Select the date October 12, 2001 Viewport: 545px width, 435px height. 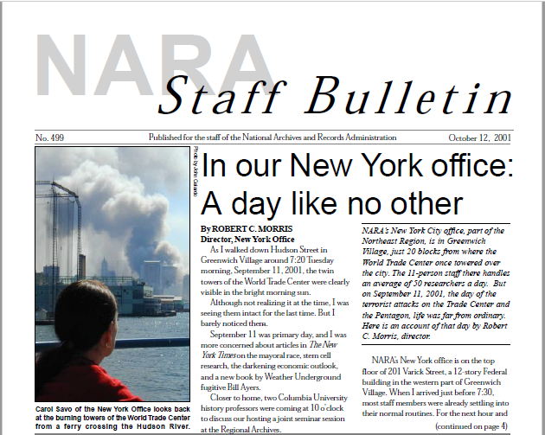point(479,138)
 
